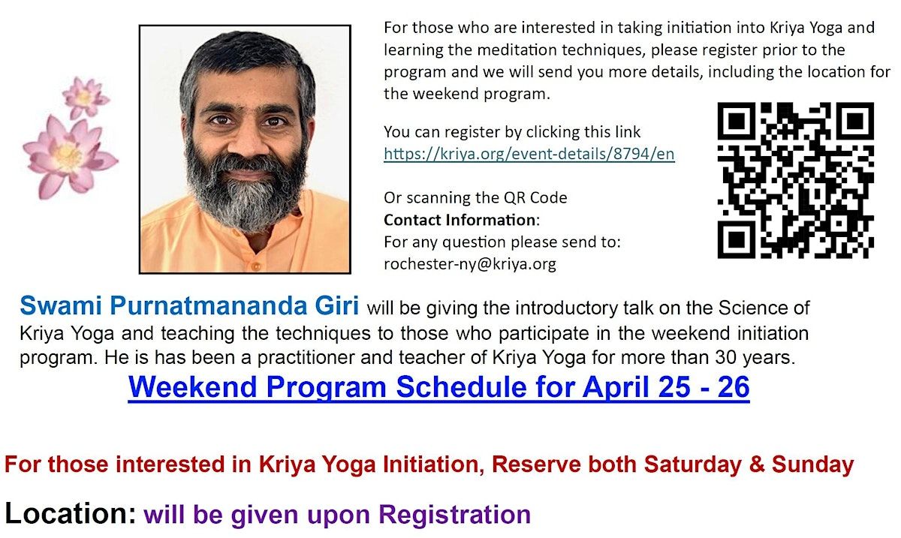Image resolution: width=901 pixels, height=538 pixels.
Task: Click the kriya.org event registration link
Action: pos(529,154)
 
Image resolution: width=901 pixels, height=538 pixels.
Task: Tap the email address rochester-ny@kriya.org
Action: pos(470,264)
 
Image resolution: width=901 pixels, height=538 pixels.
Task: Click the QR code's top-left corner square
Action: pos(737,121)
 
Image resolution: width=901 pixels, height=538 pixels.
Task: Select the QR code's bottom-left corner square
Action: pos(737,239)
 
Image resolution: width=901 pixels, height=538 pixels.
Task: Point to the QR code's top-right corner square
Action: pos(855,121)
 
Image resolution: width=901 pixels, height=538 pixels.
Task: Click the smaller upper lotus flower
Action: pos(85,98)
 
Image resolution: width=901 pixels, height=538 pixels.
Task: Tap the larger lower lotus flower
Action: pos(69,158)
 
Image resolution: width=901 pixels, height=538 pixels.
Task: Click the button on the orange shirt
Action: pos(255,266)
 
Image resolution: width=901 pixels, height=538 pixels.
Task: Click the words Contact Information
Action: pos(460,221)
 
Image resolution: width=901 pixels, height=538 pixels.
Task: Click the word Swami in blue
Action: pos(61,305)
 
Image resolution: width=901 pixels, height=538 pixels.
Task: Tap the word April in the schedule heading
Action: pos(616,387)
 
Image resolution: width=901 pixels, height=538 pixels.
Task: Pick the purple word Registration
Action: pos(454,515)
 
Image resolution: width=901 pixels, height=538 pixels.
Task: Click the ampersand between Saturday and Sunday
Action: pos(756,464)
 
